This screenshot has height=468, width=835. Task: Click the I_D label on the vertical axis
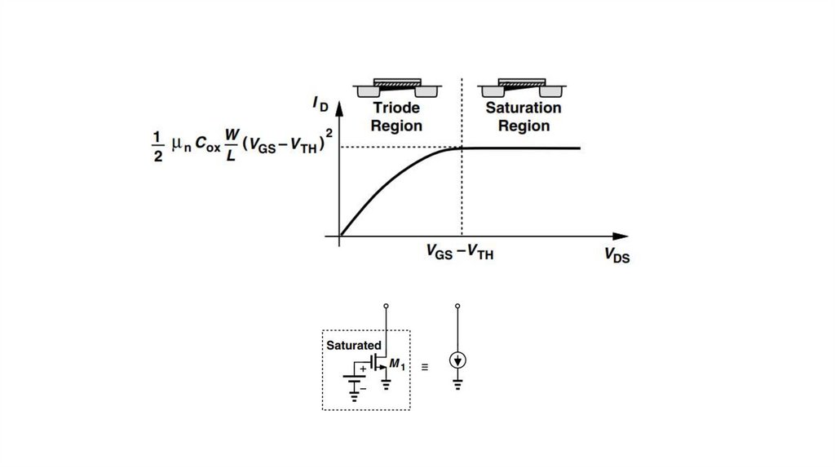[x=320, y=104]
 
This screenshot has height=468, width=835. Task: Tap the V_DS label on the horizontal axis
[x=616, y=255]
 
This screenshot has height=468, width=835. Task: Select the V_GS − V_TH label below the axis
[x=460, y=253]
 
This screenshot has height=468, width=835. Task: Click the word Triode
[x=396, y=108]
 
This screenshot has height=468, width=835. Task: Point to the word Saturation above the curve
[x=524, y=108]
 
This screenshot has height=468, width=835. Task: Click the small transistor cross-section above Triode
[x=397, y=86]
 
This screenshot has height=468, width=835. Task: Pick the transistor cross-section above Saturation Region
[x=524, y=86]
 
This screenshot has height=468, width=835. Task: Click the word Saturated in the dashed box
[x=354, y=346]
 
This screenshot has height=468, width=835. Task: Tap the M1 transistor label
[x=397, y=364]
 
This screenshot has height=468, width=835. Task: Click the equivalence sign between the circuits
[x=424, y=368]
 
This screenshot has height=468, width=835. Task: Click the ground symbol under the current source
[x=457, y=384]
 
